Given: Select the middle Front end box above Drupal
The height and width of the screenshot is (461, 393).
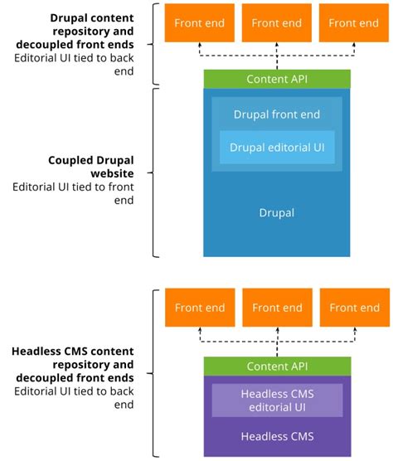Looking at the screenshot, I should tap(277, 22).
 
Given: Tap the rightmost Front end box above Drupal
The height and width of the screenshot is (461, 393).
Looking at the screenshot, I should tap(354, 22).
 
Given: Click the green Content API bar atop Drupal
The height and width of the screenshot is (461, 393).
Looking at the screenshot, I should tap(277, 79).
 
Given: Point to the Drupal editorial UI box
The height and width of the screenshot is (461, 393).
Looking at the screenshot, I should tap(277, 148).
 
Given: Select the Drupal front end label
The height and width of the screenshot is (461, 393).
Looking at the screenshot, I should tap(277, 114).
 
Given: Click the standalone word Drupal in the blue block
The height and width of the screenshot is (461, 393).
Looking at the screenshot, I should tap(277, 213).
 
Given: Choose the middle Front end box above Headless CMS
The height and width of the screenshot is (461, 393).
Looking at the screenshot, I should tap(277, 308).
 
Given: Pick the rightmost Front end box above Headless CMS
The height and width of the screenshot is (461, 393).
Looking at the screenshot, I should tap(354, 308).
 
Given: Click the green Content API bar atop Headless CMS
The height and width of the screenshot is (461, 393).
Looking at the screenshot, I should tap(277, 366).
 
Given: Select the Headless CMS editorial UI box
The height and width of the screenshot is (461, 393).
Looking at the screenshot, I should tap(277, 400).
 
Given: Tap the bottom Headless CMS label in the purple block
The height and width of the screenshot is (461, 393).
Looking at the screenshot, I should tap(277, 436).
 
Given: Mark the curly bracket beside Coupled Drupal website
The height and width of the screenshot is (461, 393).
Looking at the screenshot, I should tap(155, 172).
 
